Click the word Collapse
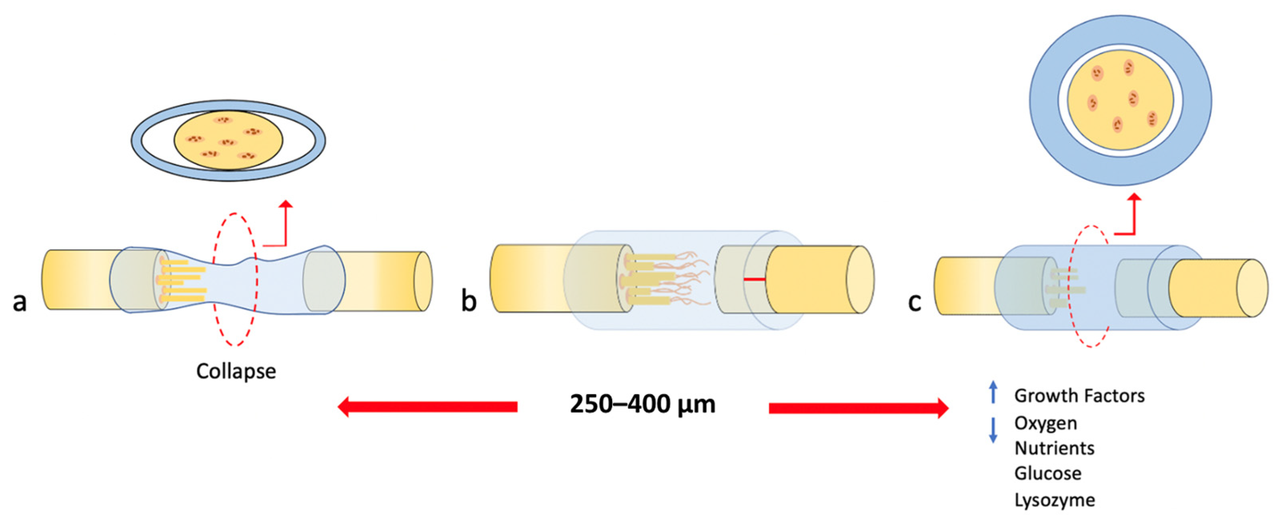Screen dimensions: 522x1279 [x=236, y=371]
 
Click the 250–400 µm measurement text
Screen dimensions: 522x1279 [x=643, y=404]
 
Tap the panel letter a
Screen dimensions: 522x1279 [x=20, y=301]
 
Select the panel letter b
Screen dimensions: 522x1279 [x=469, y=301]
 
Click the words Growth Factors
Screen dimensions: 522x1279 [x=1079, y=396]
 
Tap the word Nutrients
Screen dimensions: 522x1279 [x=1055, y=448]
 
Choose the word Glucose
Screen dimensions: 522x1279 [x=1048, y=473]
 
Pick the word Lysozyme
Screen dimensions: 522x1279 [x=1055, y=500]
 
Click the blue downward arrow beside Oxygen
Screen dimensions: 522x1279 [x=993, y=430]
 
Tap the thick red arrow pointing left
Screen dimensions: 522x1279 [x=427, y=407]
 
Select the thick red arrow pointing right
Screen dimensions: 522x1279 [x=859, y=408]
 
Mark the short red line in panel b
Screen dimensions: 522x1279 [x=754, y=280]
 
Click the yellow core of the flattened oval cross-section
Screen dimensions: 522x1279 [x=228, y=139]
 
